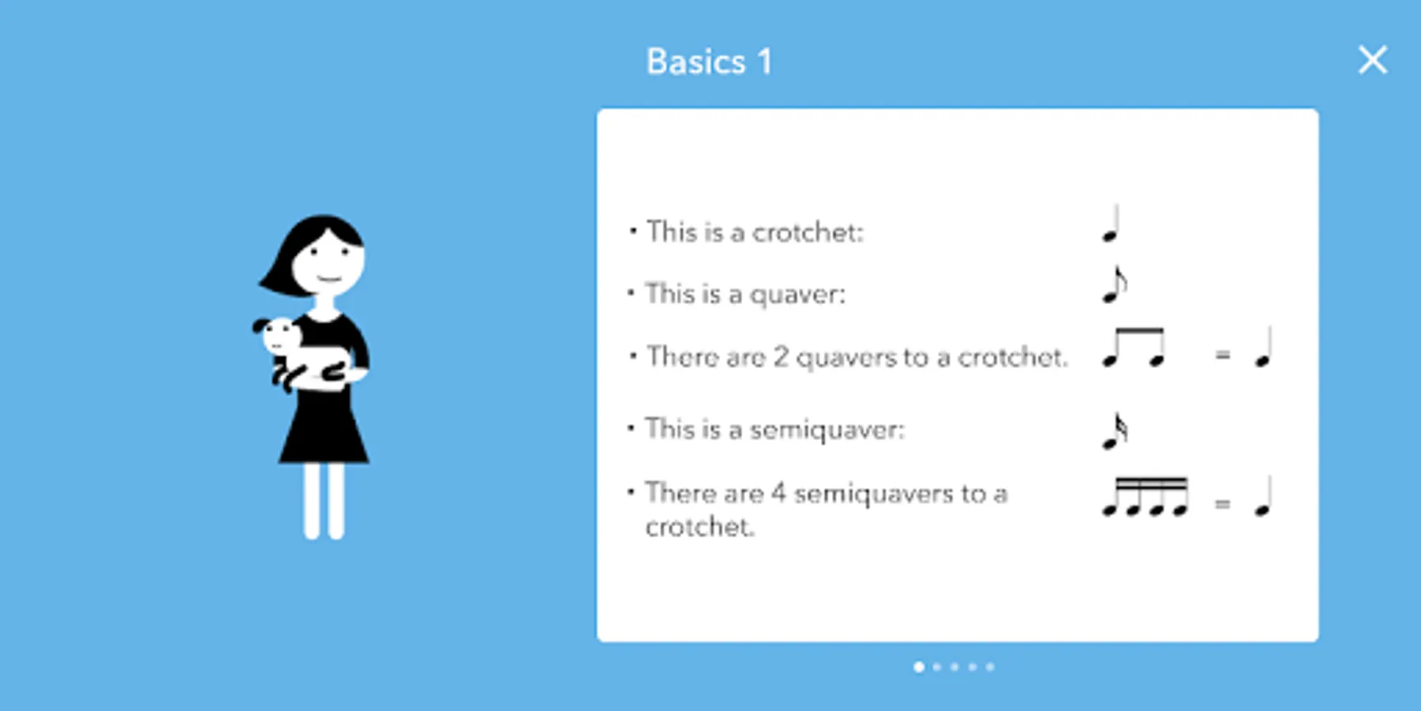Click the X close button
[1373, 60]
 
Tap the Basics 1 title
[709, 62]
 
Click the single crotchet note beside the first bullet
[1112, 224]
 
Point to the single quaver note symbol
[1114, 284]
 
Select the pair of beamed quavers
[1134, 348]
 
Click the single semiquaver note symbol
[1114, 431]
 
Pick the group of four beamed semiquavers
[1145, 497]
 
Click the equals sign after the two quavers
[1222, 355]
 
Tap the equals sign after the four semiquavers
[1222, 503]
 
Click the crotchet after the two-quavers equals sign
[1264, 348]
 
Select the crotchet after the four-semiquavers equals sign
[1264, 497]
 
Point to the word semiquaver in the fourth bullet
[827, 430]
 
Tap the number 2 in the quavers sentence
[781, 356]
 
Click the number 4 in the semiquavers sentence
[778, 492]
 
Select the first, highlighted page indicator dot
[919, 667]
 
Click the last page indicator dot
[990, 667]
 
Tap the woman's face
[328, 262]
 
